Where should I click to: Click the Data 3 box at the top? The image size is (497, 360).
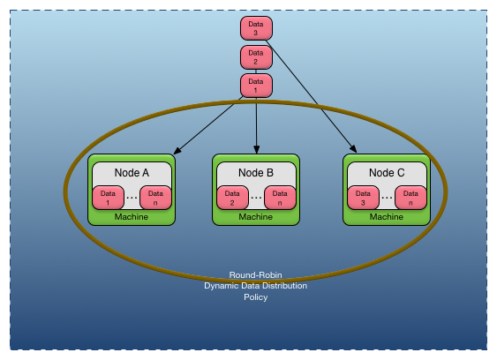256,28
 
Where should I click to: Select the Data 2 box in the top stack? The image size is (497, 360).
256,57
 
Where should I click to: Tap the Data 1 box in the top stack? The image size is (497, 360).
256,86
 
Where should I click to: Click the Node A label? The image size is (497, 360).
132,173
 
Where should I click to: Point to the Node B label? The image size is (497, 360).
256,173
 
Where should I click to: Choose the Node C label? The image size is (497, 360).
387,173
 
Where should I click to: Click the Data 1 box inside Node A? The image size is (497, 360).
108,198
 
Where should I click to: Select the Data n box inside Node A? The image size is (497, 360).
155,198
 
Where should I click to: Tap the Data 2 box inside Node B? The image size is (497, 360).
232,198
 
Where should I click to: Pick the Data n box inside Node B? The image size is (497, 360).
280,198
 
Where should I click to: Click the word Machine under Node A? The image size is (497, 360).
132,217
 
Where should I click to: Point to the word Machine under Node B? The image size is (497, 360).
256,217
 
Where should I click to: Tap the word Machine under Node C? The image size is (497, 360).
387,217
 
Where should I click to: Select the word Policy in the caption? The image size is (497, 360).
255,297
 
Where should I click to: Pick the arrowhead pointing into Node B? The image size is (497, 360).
256,149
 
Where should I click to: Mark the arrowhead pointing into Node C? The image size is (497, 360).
353,149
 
